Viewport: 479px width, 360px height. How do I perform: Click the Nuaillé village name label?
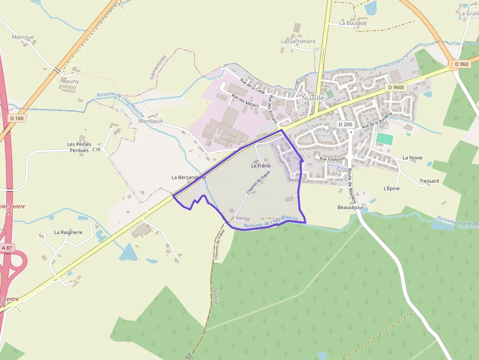[313, 98]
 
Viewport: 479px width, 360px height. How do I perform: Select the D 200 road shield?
[345, 125]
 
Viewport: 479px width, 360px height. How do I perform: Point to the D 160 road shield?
[16, 118]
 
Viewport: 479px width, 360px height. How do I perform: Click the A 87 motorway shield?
[7, 248]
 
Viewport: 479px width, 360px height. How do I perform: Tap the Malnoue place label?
[23, 37]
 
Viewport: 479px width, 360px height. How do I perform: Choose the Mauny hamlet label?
[70, 81]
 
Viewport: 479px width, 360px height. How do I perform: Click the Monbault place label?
[151, 121]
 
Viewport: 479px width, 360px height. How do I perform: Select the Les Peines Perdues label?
[79, 147]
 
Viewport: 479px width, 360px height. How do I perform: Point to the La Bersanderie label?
[189, 177]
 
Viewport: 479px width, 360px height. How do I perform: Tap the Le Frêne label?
[261, 166]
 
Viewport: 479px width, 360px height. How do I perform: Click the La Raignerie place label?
[68, 232]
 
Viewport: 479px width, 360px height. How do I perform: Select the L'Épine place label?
[392, 188]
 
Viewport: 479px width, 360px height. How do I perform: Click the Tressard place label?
[429, 181]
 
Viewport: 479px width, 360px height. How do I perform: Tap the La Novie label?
[413, 158]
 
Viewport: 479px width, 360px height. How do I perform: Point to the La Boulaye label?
[353, 23]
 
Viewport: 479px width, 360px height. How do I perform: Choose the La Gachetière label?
[298, 42]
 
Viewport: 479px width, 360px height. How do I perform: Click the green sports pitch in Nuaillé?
[384, 138]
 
